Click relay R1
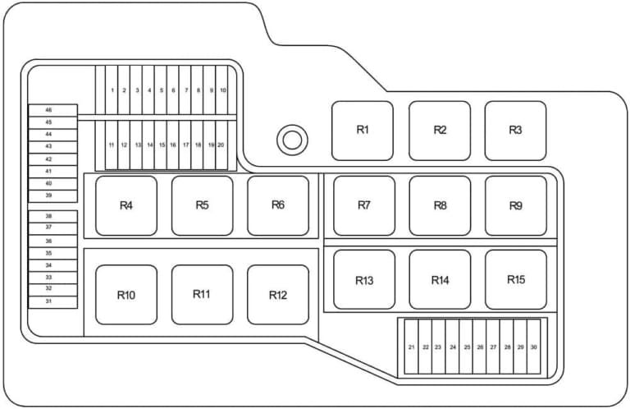coord(363,131)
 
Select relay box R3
coord(515,131)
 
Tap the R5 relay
coord(202,205)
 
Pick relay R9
coord(516,205)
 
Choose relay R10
coord(126,295)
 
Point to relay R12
coord(278,295)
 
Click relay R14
coord(440,279)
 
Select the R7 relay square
coord(364,205)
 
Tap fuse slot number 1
coord(112,90)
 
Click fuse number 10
coord(222,90)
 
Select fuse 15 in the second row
coord(161,145)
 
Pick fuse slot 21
coord(412,347)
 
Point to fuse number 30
coord(533,347)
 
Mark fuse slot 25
coord(466,347)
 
